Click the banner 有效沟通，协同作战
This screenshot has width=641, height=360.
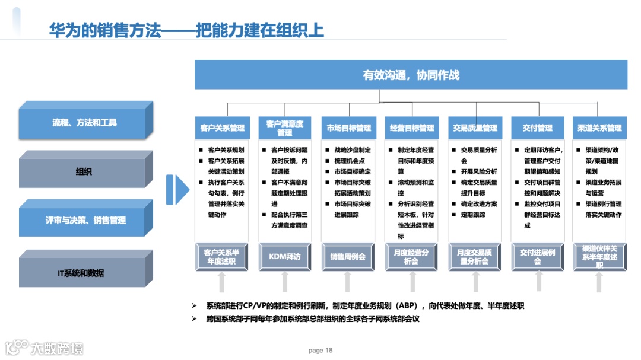[411, 75]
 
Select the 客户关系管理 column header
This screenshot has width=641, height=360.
[222, 128]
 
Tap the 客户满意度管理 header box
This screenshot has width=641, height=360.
[285, 128]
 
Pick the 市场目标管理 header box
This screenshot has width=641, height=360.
[348, 128]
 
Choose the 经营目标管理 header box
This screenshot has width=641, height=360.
[412, 128]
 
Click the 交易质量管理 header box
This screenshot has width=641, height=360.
[475, 128]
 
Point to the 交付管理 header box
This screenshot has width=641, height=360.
[537, 128]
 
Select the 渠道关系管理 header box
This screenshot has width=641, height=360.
[599, 128]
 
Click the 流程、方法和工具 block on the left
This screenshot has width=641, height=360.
[84, 123]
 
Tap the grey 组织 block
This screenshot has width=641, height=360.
[84, 172]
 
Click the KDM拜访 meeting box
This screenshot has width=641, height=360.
[285, 257]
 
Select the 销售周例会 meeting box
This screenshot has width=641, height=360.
[348, 257]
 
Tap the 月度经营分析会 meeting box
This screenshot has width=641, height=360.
[412, 257]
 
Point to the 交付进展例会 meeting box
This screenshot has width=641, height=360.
[537, 257]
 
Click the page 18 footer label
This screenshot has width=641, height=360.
[320, 350]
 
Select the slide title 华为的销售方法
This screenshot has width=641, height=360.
[104, 30]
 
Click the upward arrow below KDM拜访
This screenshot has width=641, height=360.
[285, 282]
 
